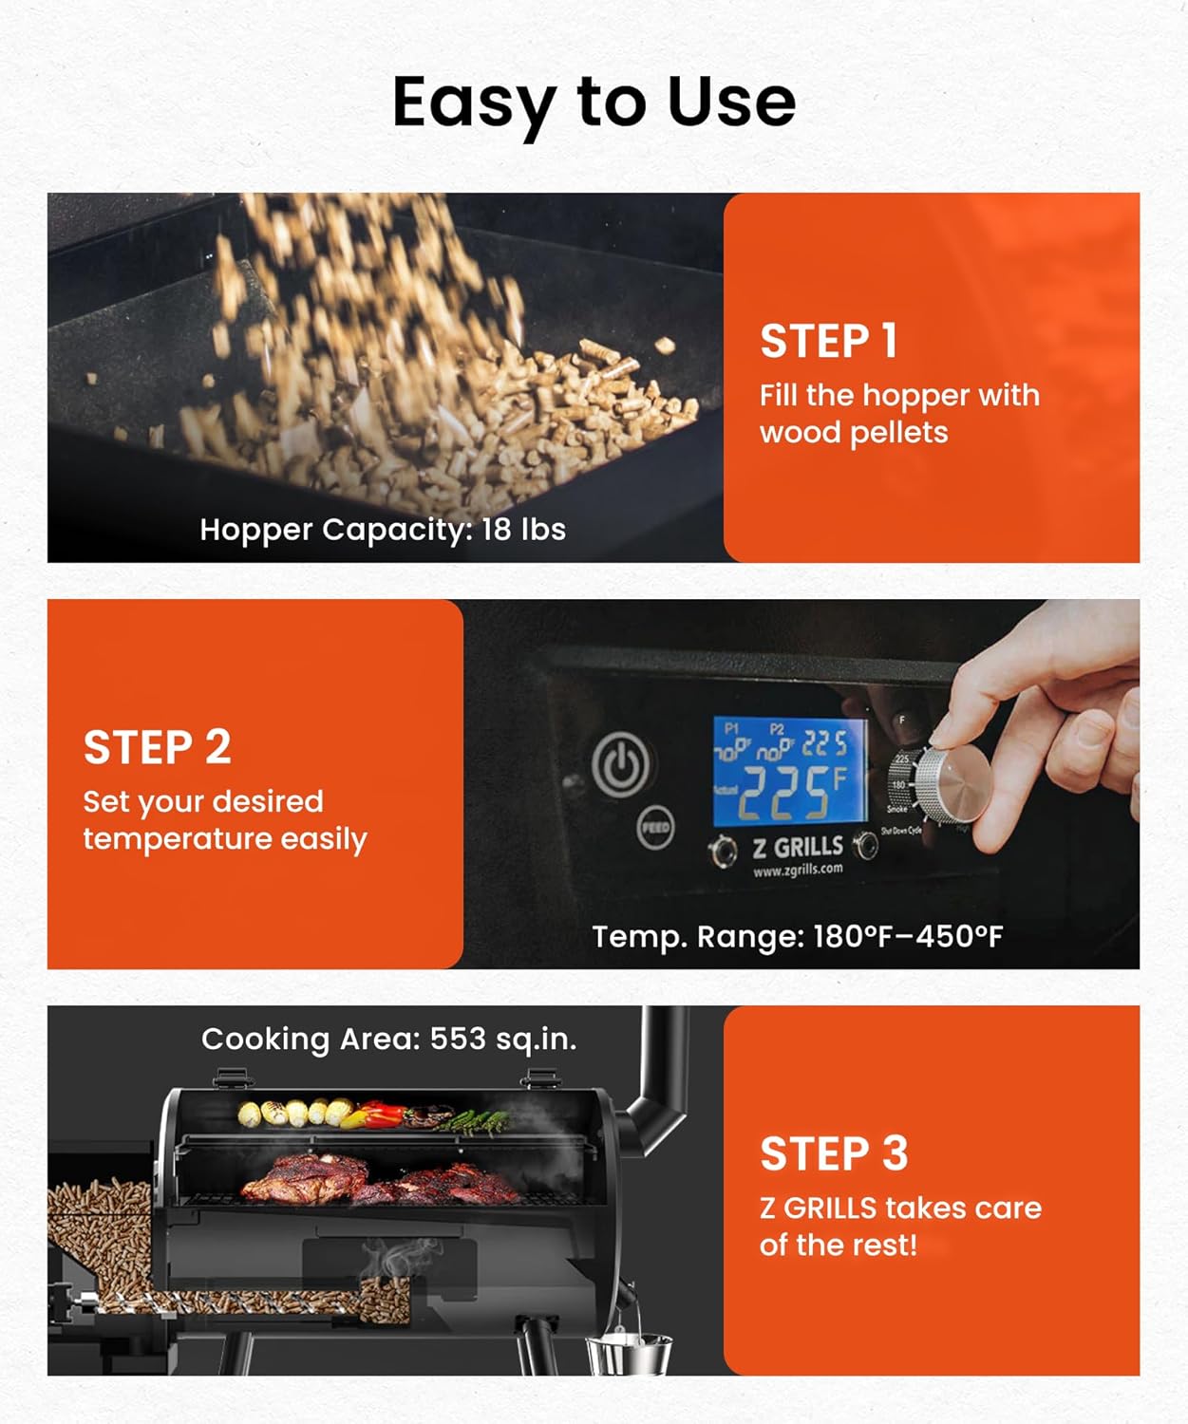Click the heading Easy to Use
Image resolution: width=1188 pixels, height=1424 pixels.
(594, 102)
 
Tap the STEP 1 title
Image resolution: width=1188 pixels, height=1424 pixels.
(828, 342)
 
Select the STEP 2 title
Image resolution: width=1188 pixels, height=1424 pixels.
(157, 747)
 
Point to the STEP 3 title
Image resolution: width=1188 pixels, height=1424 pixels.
(834, 1154)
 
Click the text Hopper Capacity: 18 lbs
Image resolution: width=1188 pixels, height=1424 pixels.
(383, 529)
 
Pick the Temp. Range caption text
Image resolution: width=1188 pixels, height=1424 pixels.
(797, 937)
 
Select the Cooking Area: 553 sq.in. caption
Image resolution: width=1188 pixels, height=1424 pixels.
(388, 1039)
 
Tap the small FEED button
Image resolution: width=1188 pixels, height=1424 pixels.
(654, 826)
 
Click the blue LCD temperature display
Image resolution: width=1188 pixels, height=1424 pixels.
(789, 770)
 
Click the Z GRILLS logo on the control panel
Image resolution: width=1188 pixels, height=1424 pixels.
(798, 847)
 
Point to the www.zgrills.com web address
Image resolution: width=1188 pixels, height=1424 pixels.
(798, 870)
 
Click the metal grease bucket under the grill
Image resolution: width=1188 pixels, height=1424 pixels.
(628, 1354)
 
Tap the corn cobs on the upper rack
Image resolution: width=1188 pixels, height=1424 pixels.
(286, 1112)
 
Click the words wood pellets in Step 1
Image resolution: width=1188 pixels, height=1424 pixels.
(853, 433)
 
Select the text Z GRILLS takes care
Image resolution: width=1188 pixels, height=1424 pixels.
(899, 1209)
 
